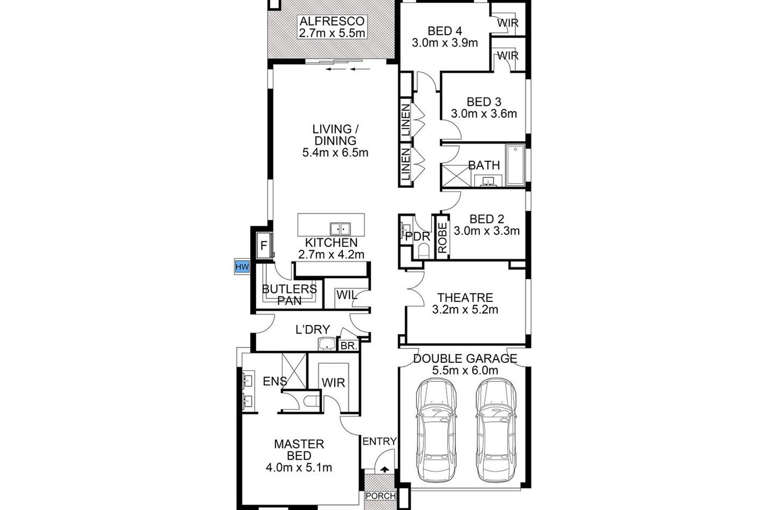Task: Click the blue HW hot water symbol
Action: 242,267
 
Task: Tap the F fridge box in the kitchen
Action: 264,245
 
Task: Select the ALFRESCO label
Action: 332,21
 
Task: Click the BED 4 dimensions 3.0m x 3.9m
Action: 445,43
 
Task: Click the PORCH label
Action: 381,496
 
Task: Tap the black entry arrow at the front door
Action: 384,469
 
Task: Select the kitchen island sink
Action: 340,229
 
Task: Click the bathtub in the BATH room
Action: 516,165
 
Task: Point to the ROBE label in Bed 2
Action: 442,238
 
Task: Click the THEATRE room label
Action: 465,298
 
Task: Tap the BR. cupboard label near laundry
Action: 349,346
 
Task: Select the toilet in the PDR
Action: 423,251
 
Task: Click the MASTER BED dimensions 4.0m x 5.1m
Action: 299,467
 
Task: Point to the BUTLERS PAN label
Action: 289,295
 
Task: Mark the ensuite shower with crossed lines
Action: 294,371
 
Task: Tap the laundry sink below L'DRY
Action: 327,344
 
